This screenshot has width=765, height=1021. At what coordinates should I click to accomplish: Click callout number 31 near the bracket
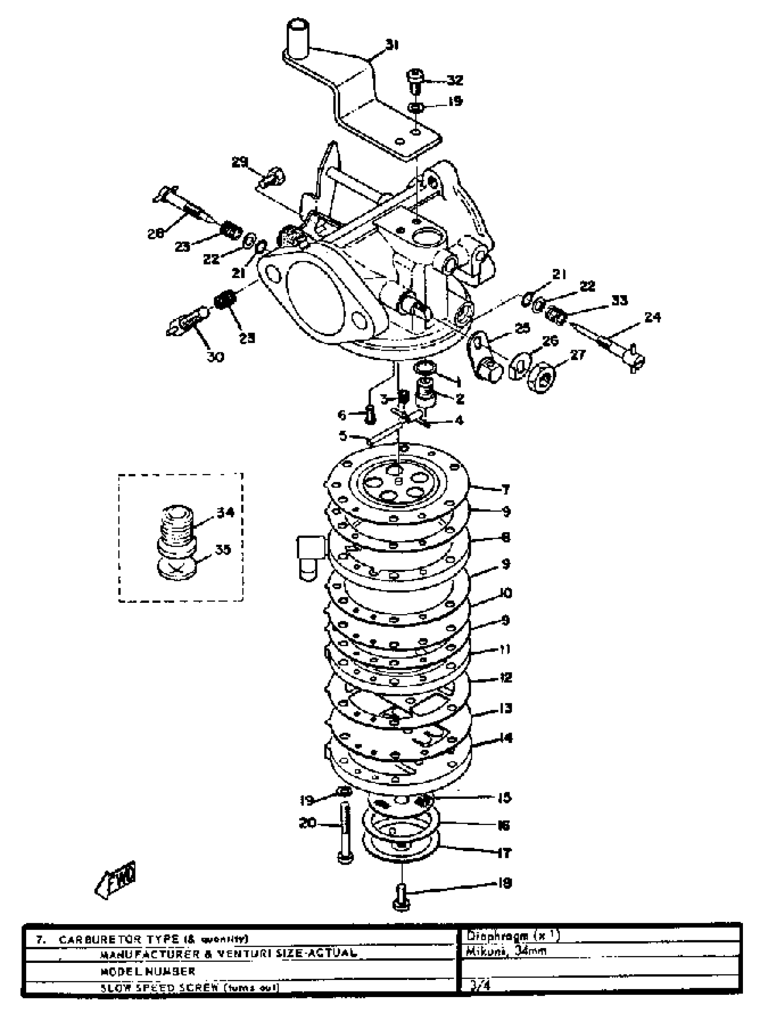pos(392,45)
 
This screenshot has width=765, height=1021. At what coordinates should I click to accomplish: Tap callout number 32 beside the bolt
pos(454,80)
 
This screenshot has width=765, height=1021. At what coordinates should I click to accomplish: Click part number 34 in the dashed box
pos(225,512)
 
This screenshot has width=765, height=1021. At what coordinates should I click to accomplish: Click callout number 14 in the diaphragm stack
pos(505,738)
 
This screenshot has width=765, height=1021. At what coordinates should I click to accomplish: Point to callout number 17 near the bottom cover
pos(504,852)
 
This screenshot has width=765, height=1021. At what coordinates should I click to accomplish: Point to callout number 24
pos(652,317)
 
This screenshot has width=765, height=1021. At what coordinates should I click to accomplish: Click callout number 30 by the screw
pos(216,356)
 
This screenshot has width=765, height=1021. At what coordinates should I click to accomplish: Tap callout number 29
pos(240,163)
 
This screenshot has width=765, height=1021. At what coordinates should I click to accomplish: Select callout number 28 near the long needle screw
pos(156,233)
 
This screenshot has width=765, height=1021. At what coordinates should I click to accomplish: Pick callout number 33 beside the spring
pos(619,301)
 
